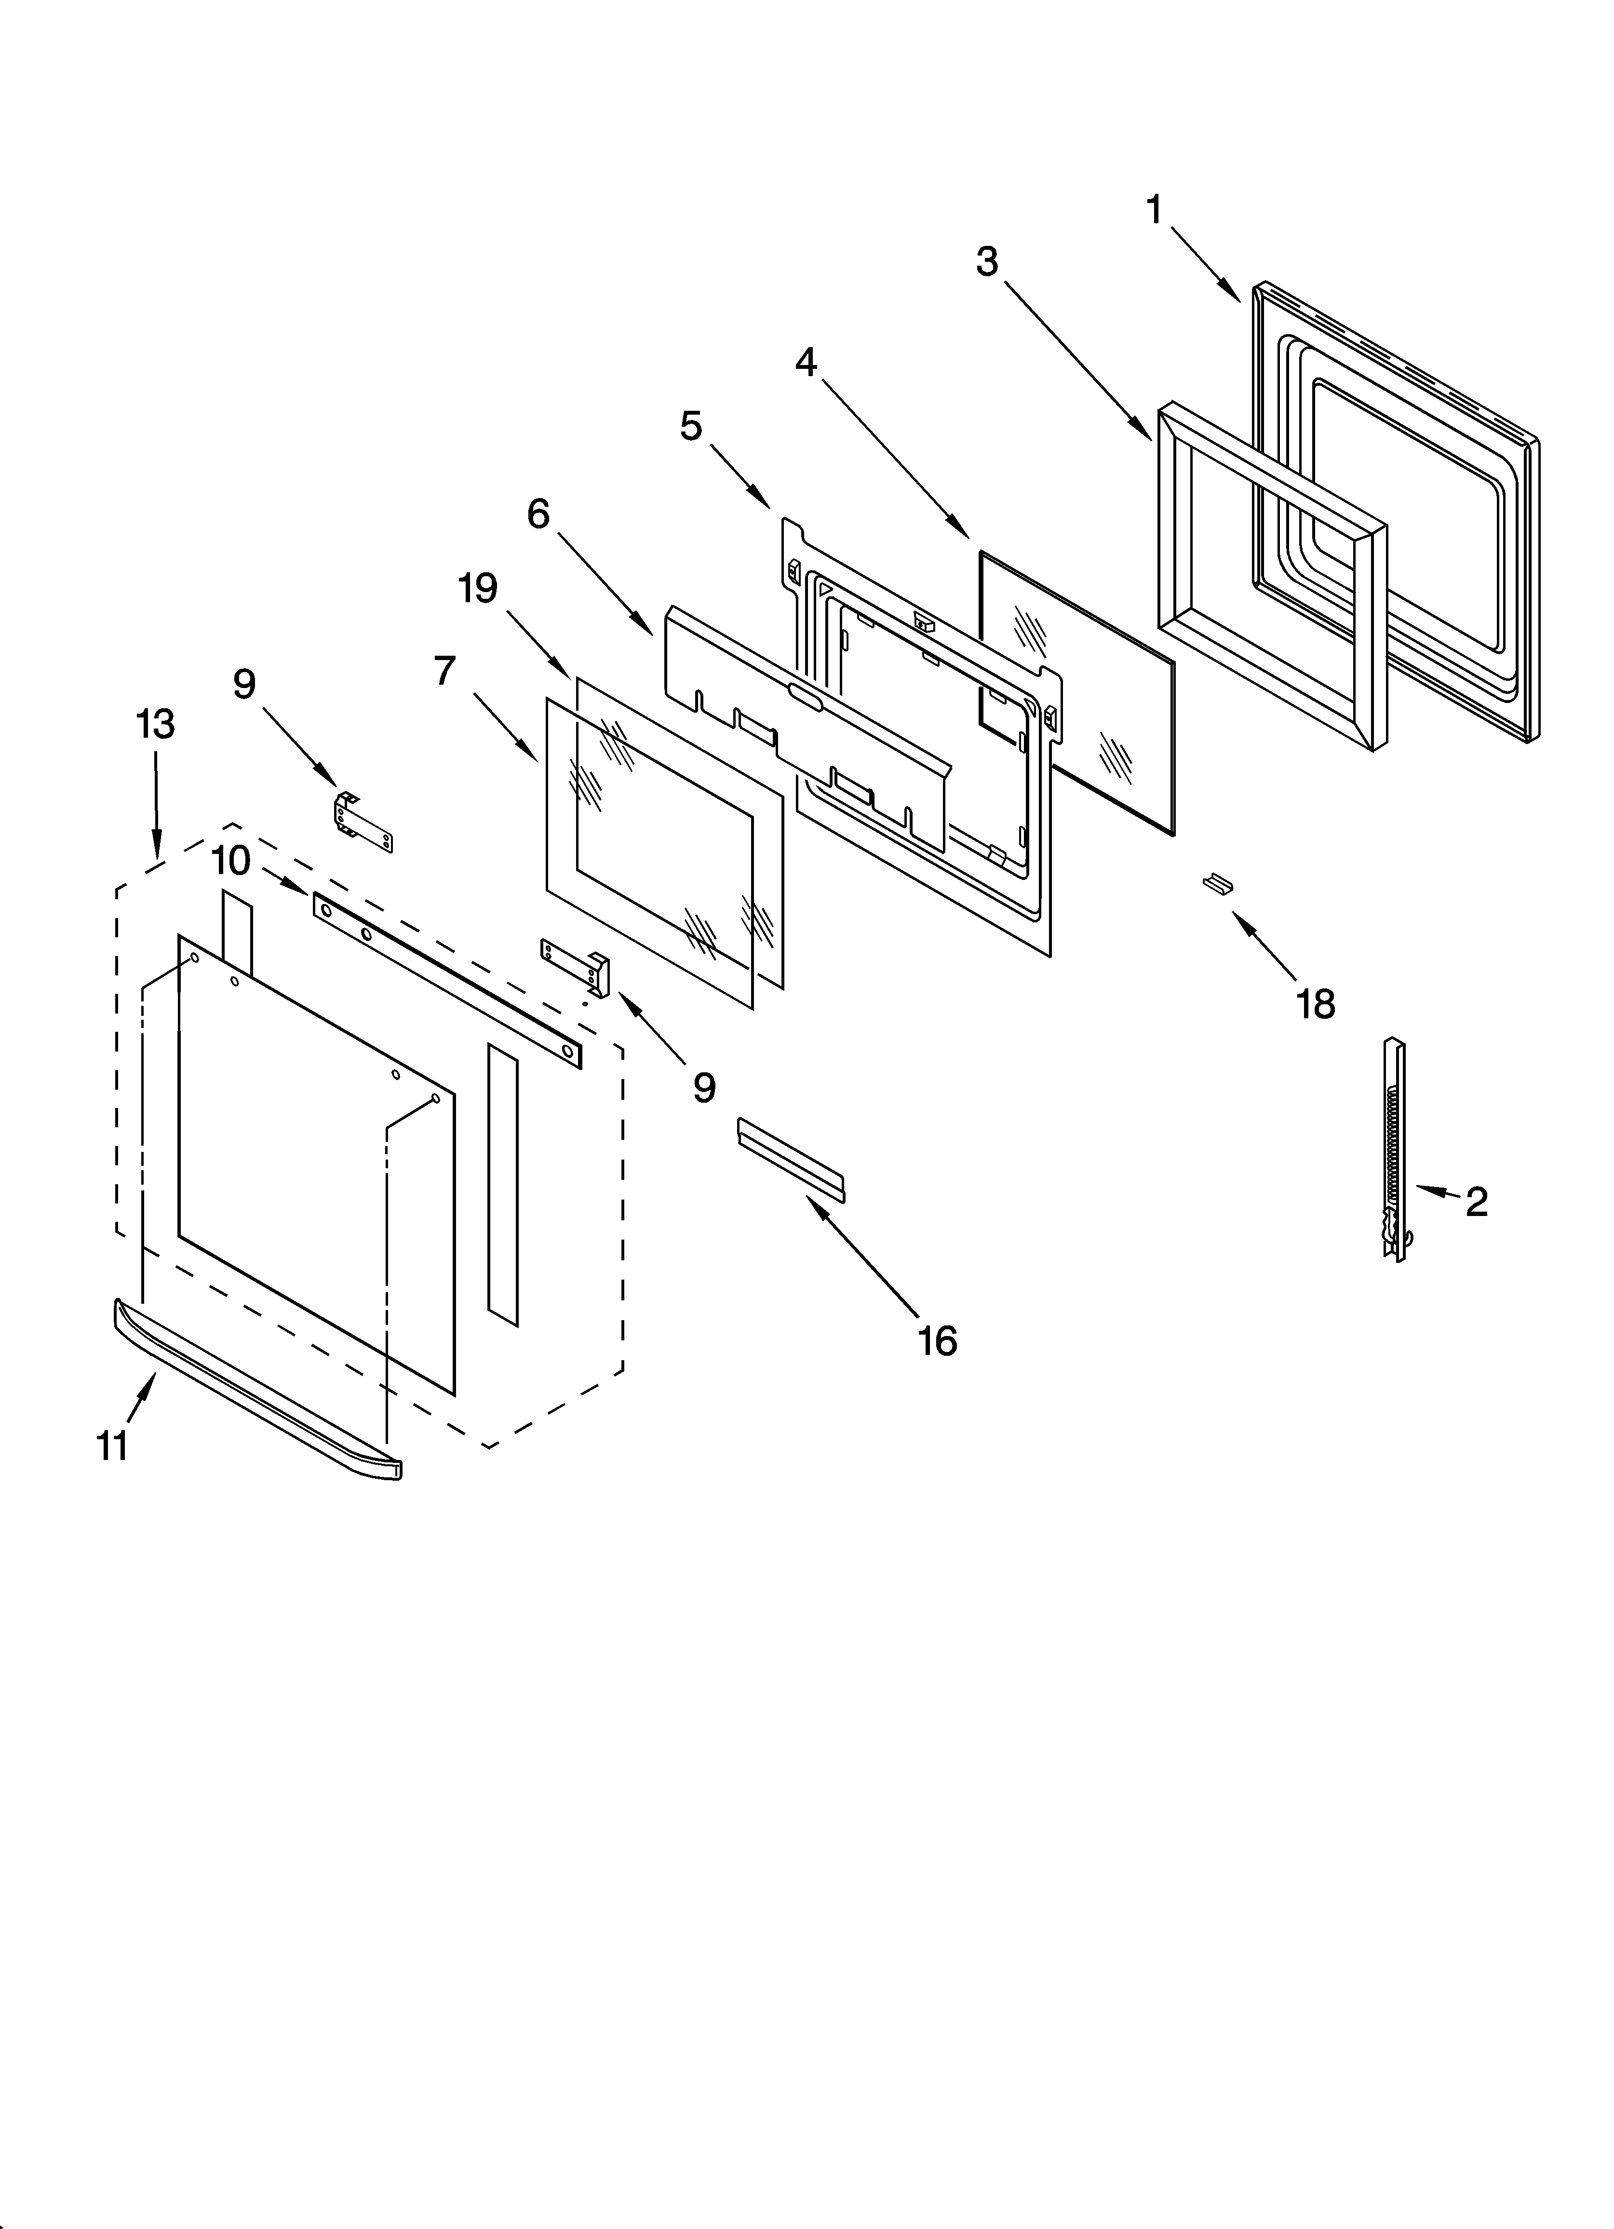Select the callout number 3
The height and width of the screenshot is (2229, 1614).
[x=987, y=261]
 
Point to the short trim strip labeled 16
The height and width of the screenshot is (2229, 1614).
[x=790, y=1160]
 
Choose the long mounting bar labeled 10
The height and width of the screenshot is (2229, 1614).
[x=447, y=980]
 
